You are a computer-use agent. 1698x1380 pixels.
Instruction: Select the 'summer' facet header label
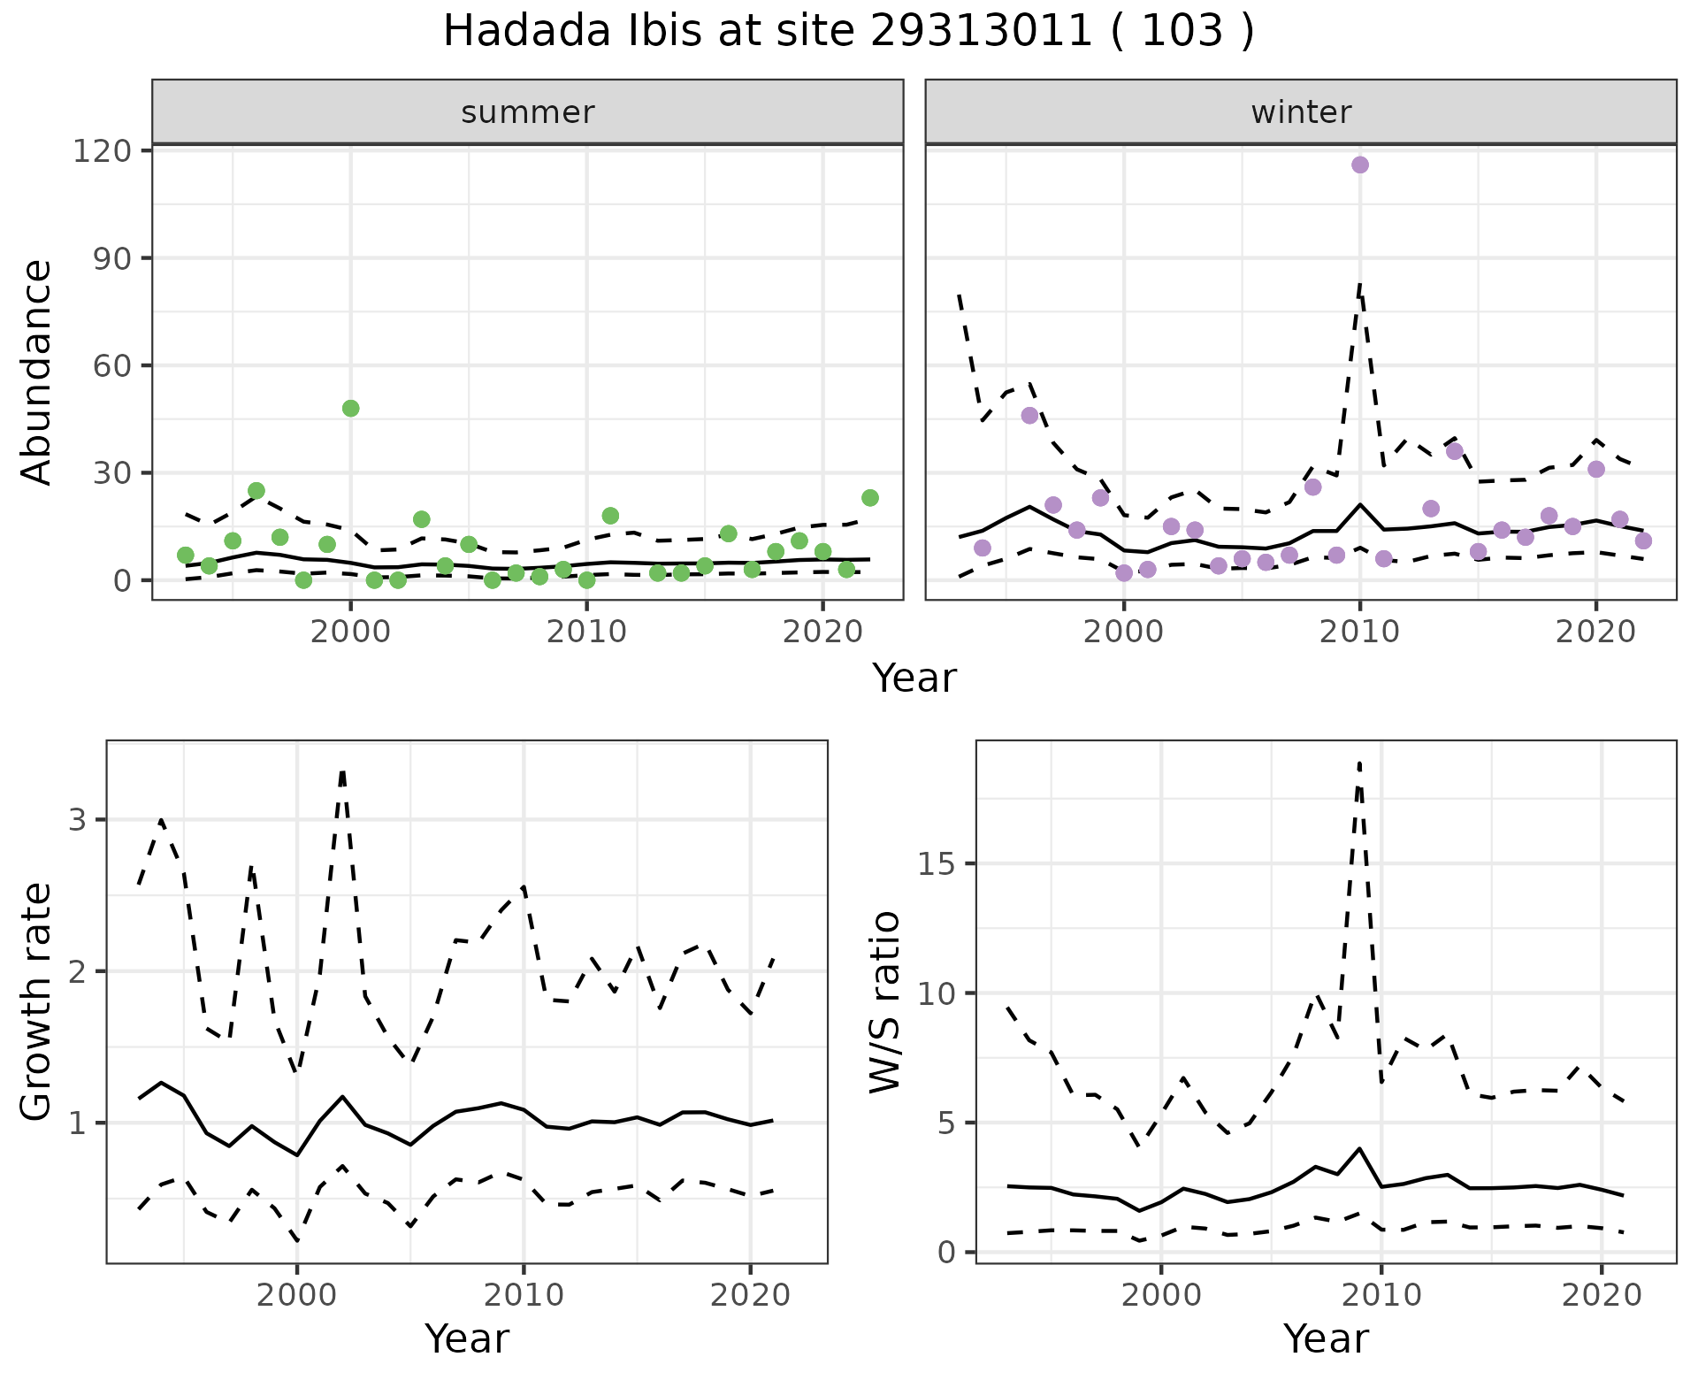(x=528, y=112)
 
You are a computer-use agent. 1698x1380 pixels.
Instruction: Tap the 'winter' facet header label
(x=1301, y=112)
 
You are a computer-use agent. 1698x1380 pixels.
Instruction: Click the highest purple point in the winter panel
(x=1360, y=165)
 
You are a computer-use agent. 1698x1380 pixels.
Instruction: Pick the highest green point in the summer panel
(x=350, y=409)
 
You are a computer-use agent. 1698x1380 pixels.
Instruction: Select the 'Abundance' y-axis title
(x=37, y=372)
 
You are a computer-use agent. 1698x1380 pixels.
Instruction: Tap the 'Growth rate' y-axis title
(x=37, y=1001)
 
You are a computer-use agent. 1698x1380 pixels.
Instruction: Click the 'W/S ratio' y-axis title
(x=885, y=1001)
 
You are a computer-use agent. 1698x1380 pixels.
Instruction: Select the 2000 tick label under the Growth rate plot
(x=297, y=1295)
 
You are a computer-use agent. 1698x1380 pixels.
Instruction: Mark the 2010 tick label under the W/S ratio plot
(x=1381, y=1295)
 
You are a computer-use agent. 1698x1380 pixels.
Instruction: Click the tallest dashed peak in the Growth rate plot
(x=342, y=771)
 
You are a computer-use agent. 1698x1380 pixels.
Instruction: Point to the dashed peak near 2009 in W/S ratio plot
(x=1359, y=763)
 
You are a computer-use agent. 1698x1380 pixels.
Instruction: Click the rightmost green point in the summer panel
(x=869, y=498)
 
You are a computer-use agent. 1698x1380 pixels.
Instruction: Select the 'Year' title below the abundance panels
(x=914, y=678)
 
